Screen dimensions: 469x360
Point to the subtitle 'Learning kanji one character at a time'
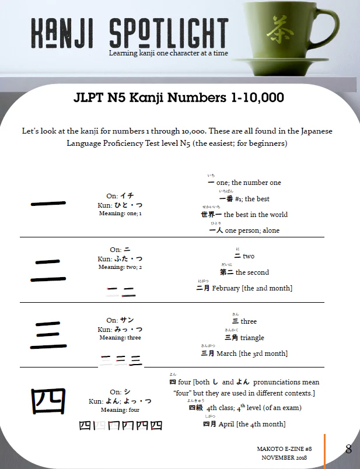point(168,53)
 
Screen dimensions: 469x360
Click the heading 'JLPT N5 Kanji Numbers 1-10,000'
point(179,97)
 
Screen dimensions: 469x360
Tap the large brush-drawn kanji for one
point(48,204)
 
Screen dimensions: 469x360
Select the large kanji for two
point(48,270)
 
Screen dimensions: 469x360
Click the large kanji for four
point(48,401)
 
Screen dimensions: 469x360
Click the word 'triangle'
point(252,338)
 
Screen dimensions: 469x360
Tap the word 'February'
point(226,288)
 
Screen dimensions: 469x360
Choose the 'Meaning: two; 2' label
point(120,267)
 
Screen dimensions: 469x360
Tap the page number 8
point(348,449)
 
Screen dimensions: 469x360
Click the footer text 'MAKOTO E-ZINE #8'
point(284,449)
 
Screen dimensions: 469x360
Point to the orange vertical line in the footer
point(325,450)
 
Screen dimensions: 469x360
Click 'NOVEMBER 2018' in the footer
point(284,458)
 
